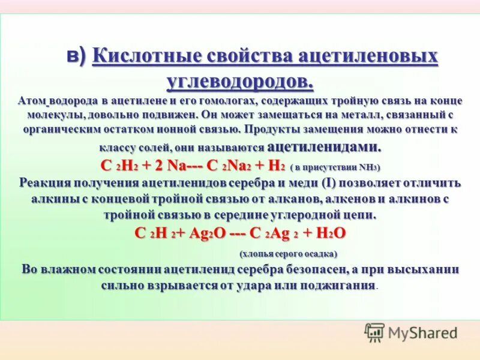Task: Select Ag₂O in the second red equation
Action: tap(207, 233)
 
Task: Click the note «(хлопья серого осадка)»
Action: tap(289, 254)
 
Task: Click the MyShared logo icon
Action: tap(374, 332)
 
